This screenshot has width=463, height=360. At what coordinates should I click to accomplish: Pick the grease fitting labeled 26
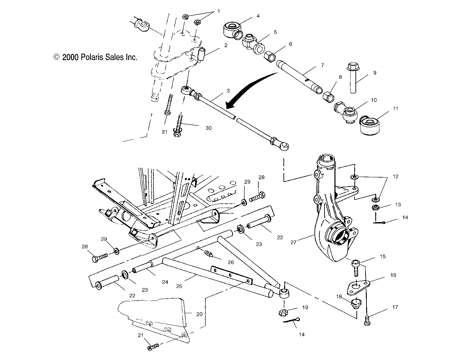tap(209, 255)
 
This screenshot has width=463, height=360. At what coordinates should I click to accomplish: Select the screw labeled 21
tap(153, 347)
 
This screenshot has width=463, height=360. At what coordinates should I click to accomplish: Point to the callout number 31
tap(165, 131)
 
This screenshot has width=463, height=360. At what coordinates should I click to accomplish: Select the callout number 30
tap(209, 128)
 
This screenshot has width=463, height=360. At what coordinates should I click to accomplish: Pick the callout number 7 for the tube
tap(322, 65)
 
